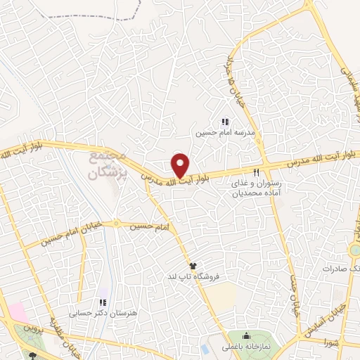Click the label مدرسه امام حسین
point(225,132)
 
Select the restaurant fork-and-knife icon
point(256,172)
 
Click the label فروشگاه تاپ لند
point(193,277)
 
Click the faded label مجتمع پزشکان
point(108,165)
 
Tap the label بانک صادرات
point(341,269)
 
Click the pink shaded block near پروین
point(16,311)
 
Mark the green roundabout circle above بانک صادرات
point(355,250)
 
